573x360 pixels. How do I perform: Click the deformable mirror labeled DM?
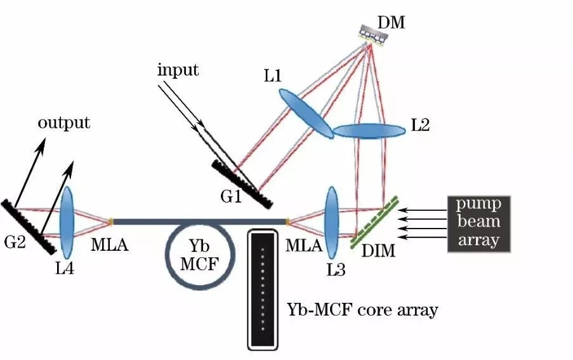(369, 33)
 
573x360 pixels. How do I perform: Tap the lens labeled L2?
(369, 130)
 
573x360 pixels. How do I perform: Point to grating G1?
(242, 183)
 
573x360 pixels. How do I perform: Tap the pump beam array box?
(478, 223)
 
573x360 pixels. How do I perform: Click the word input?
(178, 69)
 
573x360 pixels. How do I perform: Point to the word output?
(64, 122)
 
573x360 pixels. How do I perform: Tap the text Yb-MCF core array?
(362, 310)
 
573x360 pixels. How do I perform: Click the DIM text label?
(379, 252)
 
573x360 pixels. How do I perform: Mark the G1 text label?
(230, 197)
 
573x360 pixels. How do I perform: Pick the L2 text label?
(420, 125)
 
